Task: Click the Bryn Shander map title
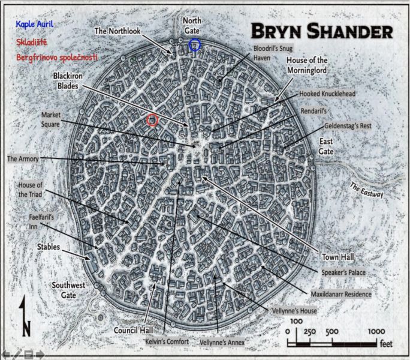tap(321, 31)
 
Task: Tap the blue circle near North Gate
tap(194, 45)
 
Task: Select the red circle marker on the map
tap(152, 120)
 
